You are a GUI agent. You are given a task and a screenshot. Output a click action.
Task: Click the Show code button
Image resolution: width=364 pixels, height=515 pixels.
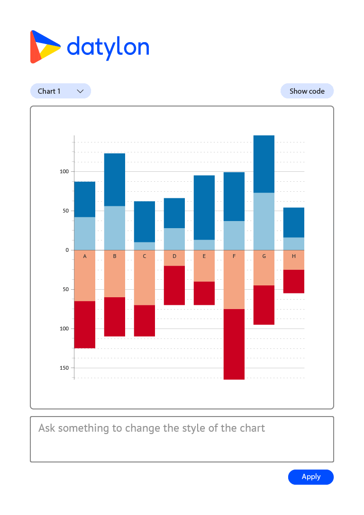[x=307, y=91]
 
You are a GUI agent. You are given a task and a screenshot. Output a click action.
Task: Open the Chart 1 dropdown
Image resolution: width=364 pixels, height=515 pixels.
[x=61, y=91]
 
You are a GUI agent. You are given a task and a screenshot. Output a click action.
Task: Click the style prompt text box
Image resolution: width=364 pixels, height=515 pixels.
[x=182, y=439]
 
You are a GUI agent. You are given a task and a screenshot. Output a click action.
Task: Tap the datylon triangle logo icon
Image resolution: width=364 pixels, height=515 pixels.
[x=44, y=47]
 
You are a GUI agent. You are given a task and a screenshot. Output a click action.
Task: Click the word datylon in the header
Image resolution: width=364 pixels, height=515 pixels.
[x=108, y=47]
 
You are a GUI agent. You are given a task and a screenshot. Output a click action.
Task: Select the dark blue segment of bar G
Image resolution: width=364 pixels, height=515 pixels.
[x=264, y=164]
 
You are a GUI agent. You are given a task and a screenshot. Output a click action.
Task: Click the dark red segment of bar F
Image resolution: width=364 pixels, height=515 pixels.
[x=234, y=344]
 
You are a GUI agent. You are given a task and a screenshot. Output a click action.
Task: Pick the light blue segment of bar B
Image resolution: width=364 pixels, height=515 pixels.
[x=115, y=228]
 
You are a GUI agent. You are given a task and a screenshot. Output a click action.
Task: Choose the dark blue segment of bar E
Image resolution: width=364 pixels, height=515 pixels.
[x=204, y=207]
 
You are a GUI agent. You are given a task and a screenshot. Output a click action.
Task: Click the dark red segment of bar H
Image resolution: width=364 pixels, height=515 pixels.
[x=294, y=281]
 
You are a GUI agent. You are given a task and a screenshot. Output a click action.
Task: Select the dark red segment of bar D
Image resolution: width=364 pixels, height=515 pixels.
[x=174, y=285]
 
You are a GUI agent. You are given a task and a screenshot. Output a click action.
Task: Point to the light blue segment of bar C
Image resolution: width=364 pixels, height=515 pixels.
[x=145, y=246]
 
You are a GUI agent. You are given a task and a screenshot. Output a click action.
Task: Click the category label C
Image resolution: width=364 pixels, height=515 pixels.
[x=145, y=256]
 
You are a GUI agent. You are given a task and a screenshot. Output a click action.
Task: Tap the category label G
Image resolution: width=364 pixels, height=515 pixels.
[x=264, y=256]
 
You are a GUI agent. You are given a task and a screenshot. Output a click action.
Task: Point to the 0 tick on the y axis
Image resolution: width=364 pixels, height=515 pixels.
[x=67, y=250]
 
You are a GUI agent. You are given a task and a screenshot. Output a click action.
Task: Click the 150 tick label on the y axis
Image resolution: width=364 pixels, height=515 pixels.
[x=64, y=368]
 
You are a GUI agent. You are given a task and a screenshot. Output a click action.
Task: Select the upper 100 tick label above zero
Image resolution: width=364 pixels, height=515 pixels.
[x=64, y=171]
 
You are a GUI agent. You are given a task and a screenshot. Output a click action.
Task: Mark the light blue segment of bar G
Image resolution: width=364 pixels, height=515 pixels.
[x=264, y=221]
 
